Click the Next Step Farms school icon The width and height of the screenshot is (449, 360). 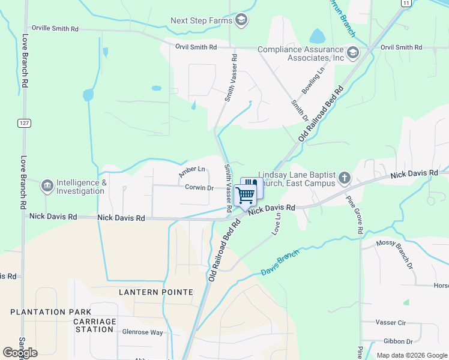point(241,20)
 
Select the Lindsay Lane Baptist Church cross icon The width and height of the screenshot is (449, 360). point(344,178)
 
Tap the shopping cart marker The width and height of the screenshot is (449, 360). point(245,194)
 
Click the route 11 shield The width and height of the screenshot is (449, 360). point(406,3)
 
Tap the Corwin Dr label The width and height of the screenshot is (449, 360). point(199,188)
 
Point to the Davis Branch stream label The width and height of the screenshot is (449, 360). point(280,262)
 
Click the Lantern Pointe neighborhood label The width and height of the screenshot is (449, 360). point(156,292)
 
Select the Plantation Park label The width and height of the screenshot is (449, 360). point(51,312)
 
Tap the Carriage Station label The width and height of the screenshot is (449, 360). point(95,326)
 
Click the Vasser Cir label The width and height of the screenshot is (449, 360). point(391,323)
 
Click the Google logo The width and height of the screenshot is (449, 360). point(20,353)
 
